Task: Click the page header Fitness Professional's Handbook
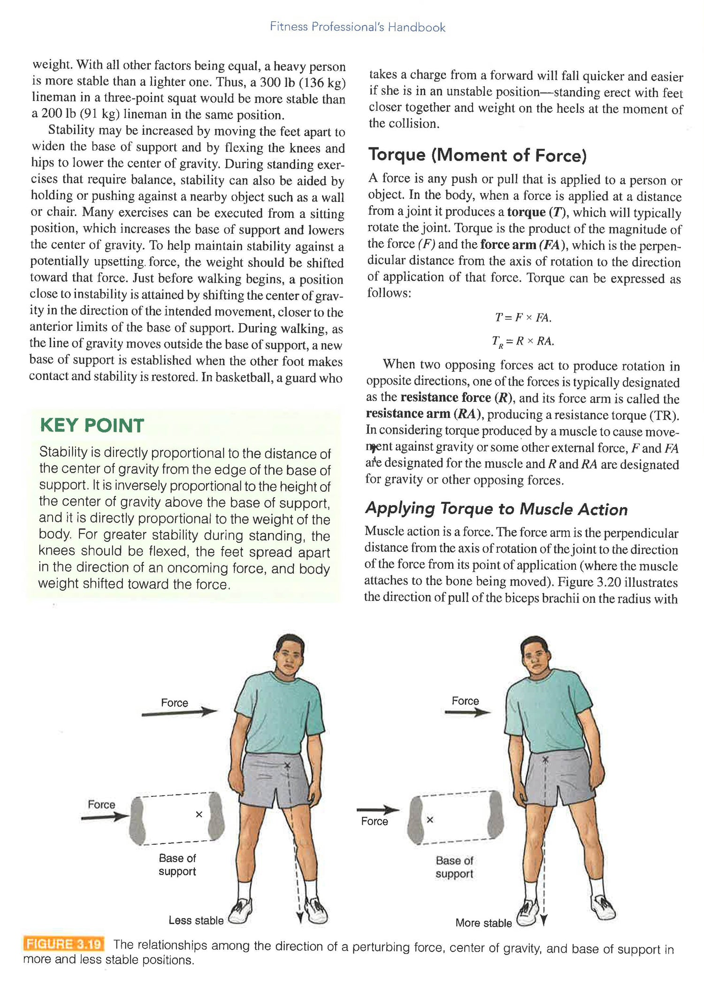click(x=357, y=27)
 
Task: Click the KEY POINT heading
click(x=92, y=425)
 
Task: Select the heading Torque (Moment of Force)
click(x=477, y=155)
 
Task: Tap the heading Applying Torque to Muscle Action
click(x=496, y=509)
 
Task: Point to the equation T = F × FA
click(x=523, y=318)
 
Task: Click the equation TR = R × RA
click(x=523, y=341)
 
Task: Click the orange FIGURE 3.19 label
click(x=64, y=944)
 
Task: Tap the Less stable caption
click(x=196, y=920)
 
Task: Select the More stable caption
click(x=483, y=923)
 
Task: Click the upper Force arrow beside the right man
click(x=467, y=712)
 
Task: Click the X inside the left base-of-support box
click(x=199, y=814)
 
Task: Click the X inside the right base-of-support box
click(x=430, y=819)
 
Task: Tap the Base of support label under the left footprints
click(x=177, y=864)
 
